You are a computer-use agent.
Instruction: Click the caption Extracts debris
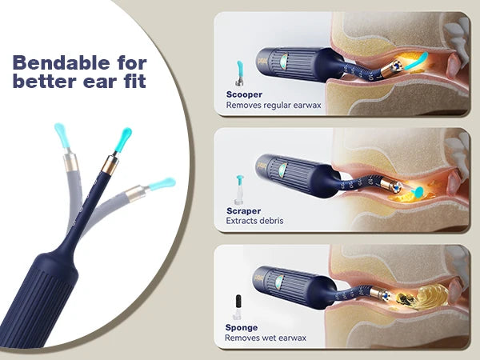coord(254,221)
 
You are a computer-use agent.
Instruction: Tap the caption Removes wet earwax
coord(266,338)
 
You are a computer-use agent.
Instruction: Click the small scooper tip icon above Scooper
coord(238,72)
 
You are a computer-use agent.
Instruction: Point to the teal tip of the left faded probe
coord(60,130)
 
